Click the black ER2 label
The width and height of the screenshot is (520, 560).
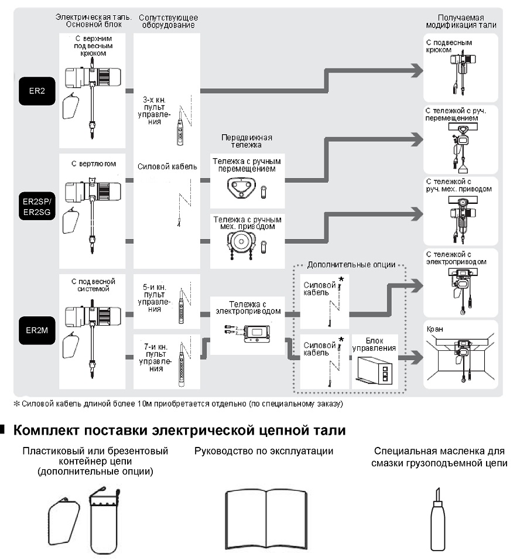click(x=37, y=91)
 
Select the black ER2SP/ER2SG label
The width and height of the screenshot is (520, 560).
click(x=37, y=206)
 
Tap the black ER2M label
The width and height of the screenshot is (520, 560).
click(x=37, y=330)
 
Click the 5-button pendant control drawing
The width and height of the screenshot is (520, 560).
click(x=182, y=305)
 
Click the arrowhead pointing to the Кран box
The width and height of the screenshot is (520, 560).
click(x=417, y=357)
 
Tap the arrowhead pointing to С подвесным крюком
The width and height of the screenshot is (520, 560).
click(x=417, y=70)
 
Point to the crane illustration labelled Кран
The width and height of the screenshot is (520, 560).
click(x=461, y=360)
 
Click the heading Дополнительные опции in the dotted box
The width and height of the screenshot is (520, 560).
click(x=351, y=265)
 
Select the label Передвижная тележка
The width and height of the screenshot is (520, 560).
click(x=247, y=141)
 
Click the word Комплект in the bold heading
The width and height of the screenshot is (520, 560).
click(x=46, y=431)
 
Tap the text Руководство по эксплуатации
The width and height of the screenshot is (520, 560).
click(x=264, y=451)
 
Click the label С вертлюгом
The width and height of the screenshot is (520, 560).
click(x=94, y=163)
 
